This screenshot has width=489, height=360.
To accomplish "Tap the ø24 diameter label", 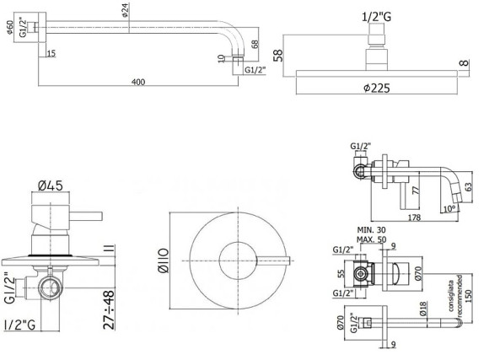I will tap(126, 12).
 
